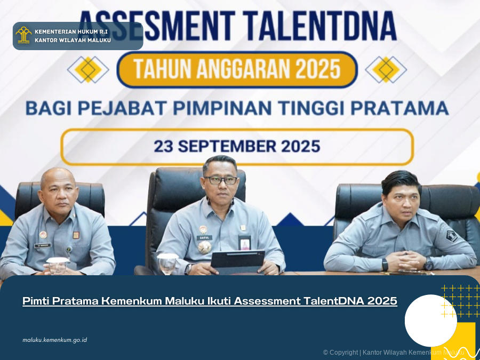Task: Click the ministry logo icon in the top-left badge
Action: (x=23, y=35)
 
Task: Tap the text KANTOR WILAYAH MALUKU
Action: (x=73, y=40)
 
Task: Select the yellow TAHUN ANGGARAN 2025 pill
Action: (x=237, y=69)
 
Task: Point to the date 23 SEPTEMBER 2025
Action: (x=237, y=146)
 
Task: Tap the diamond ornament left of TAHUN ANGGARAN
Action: (x=88, y=69)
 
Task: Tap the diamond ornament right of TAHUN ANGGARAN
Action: (x=386, y=69)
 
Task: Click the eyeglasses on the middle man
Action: (x=221, y=180)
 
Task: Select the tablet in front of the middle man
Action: (x=237, y=260)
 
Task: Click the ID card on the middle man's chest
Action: (x=245, y=243)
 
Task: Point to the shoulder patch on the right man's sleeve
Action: (x=451, y=235)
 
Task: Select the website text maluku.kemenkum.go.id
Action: (x=54, y=340)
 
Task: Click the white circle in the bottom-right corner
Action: (x=430, y=321)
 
